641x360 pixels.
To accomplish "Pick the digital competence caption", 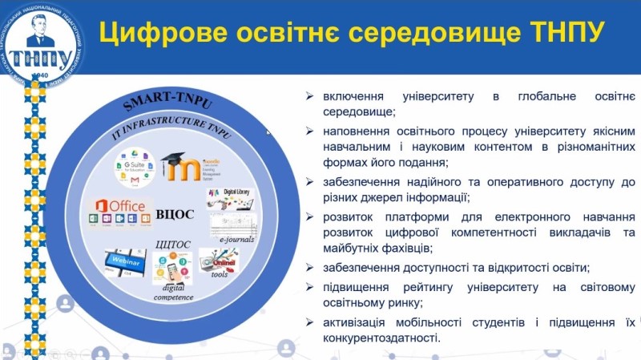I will tap(174, 292).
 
